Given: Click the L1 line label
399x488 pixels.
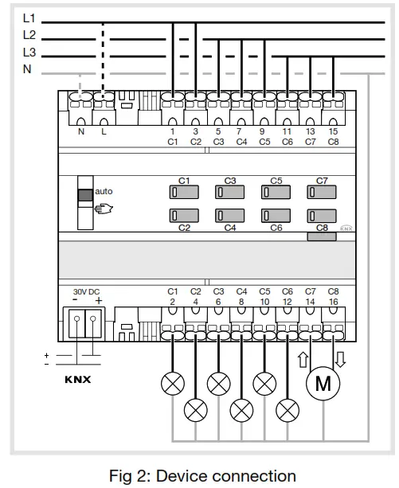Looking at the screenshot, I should [x=29, y=18].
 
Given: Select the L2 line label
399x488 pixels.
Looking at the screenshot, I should [x=29, y=35].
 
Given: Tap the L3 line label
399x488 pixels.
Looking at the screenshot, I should [x=29, y=53].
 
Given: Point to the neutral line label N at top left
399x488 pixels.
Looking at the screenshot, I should [x=28, y=70].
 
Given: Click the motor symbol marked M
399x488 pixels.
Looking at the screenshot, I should [x=323, y=384].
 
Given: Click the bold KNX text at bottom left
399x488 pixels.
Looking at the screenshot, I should [x=77, y=379].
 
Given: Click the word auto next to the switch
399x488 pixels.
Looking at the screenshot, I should [x=104, y=192].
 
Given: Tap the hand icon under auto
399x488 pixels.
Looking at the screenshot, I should [x=104, y=209].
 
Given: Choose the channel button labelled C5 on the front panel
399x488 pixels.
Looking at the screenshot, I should [x=276, y=192].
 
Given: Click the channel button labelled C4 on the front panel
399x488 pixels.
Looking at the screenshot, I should [x=229, y=215].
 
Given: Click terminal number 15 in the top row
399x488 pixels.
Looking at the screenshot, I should [x=333, y=131].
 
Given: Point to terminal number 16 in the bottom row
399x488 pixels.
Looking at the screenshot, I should [x=333, y=303].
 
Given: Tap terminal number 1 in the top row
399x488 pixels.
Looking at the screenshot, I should [x=172, y=131].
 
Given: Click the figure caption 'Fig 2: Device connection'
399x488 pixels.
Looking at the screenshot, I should [x=202, y=476].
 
